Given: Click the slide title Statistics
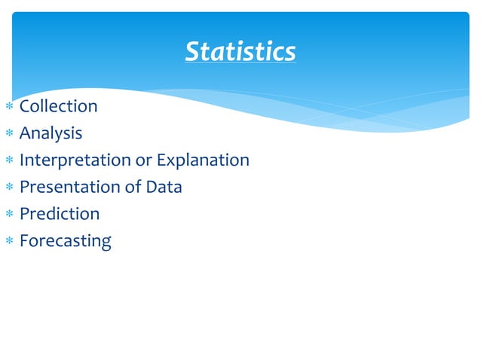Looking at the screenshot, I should tap(240, 52).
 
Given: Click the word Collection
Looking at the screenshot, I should tap(58, 106).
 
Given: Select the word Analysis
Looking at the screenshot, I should tap(51, 133).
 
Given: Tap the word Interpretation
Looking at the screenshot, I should tap(75, 160).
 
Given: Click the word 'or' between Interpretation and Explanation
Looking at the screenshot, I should tap(143, 160).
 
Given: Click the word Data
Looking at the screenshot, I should tap(164, 187).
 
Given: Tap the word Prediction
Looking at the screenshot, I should tap(59, 214).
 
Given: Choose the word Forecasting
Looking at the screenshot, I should tap(65, 242).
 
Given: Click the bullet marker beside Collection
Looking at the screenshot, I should tap(8, 107).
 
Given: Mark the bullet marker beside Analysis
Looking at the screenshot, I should tap(8, 134).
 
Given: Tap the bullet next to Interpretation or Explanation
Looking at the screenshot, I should tap(8, 161).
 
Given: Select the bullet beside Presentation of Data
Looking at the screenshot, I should tap(8, 188).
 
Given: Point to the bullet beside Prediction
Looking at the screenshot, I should tap(8, 215).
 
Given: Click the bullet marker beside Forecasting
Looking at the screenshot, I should tap(8, 242).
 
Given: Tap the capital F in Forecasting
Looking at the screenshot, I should tap(24, 241).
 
